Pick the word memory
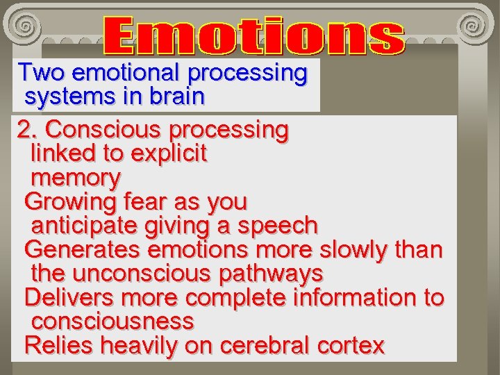[76, 178]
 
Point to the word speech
[277, 226]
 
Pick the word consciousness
[112, 322]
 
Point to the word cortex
[350, 346]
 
